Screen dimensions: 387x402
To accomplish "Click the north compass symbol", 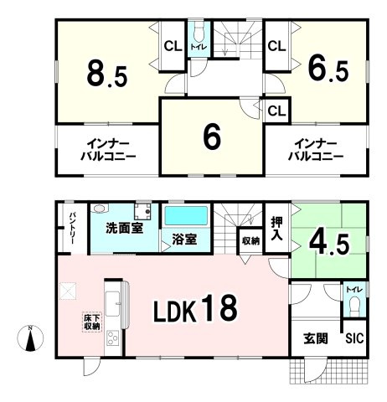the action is click(30, 338).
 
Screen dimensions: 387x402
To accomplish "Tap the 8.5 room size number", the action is click(107, 73).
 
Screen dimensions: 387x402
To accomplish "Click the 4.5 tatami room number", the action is click(329, 244).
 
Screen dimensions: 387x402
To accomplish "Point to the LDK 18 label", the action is click(195, 309).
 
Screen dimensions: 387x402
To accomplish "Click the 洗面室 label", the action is click(124, 229).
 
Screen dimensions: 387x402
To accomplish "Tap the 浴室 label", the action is click(184, 240).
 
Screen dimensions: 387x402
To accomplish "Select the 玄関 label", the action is click(316, 338).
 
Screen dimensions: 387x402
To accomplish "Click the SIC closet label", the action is click(354, 338).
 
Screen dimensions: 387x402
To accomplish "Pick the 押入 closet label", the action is click(276, 229).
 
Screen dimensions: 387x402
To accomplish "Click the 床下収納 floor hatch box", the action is click(92, 322).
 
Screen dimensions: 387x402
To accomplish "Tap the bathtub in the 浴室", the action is click(186, 216).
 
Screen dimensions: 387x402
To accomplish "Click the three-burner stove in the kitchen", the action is click(112, 338).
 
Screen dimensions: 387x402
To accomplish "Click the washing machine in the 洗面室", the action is click(142, 212).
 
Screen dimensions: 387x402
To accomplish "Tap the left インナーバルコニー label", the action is click(108, 151).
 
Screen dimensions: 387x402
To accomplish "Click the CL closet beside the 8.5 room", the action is click(173, 46).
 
